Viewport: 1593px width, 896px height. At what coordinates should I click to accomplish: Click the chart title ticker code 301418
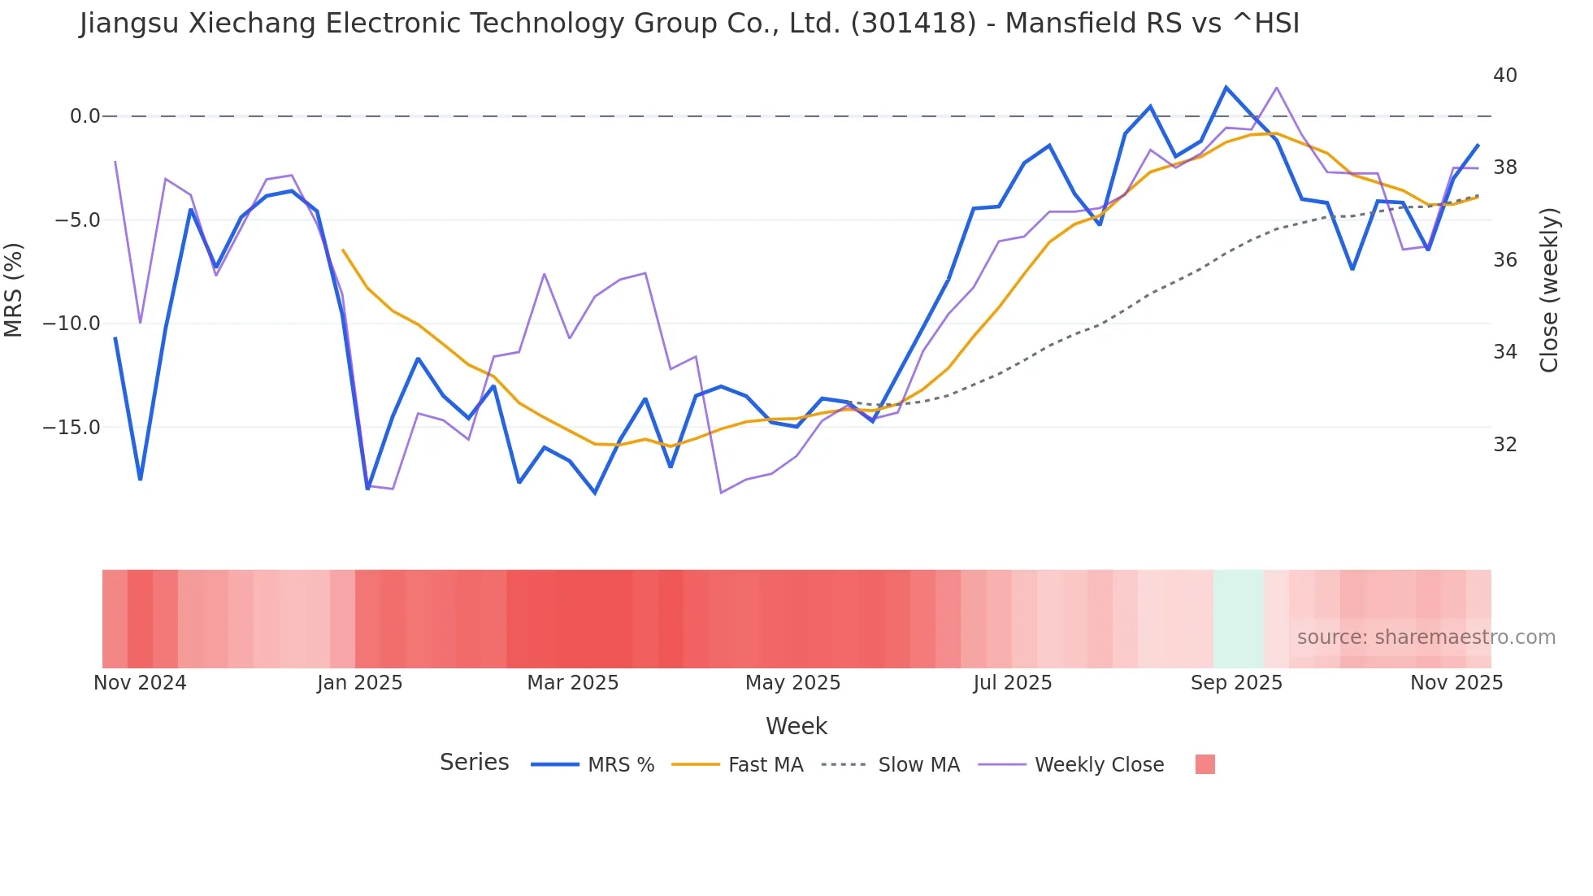(914, 24)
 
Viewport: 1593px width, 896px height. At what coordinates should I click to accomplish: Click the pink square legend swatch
(1205, 764)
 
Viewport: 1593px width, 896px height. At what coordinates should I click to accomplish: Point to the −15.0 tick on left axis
(72, 428)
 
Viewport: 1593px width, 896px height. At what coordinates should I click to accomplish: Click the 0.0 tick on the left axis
(85, 116)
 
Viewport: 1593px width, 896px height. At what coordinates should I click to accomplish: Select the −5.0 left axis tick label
(77, 220)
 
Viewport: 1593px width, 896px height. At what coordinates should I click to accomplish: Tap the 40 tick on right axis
(1504, 76)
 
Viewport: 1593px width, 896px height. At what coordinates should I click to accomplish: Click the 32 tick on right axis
(1504, 445)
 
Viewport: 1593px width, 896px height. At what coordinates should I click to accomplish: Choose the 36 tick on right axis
(1504, 260)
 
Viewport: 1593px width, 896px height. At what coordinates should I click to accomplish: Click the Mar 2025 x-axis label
(572, 683)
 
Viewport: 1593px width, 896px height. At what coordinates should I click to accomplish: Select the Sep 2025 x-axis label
(1235, 683)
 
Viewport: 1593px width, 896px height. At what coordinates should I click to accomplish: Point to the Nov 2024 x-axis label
(140, 683)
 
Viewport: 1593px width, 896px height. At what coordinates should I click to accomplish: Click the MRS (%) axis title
(14, 289)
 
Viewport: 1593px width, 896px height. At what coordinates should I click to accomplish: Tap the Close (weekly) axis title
(1549, 289)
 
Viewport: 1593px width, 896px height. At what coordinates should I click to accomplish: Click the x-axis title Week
(796, 726)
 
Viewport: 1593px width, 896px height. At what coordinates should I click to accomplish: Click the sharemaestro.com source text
(1426, 637)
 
